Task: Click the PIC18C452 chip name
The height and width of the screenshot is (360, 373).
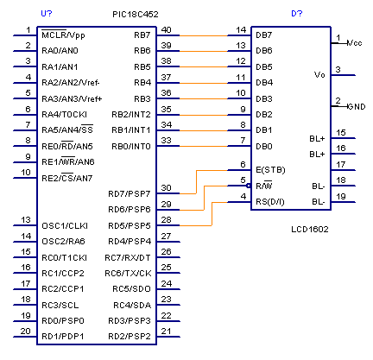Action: point(136,15)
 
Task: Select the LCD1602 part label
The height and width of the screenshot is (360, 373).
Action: point(310,230)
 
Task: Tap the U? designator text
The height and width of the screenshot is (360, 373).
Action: point(47,14)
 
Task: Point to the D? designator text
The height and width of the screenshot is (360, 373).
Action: point(297,14)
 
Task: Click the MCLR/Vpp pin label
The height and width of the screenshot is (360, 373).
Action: point(63,35)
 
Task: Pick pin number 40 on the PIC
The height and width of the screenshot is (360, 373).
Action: point(167,30)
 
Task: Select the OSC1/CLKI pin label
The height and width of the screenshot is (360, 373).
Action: point(65,225)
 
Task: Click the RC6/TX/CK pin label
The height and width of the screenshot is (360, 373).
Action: point(128,274)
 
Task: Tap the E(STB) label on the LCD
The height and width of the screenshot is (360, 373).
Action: point(270,170)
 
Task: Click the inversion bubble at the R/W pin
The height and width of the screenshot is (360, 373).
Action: point(249,186)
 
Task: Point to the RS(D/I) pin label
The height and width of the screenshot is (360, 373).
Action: point(270,202)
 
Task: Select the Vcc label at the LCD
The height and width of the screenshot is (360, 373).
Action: point(355,43)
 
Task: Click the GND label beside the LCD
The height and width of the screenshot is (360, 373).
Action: point(357,107)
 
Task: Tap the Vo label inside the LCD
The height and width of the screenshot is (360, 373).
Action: point(319,75)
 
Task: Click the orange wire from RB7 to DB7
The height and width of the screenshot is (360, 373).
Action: point(204,35)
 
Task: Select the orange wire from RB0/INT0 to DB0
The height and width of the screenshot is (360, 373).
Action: point(204,146)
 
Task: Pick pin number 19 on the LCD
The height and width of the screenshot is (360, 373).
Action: point(341,197)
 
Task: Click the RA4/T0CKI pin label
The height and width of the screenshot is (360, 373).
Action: point(65,115)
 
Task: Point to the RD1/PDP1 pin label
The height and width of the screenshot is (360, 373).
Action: point(63,336)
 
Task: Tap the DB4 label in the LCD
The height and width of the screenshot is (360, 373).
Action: point(264,83)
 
